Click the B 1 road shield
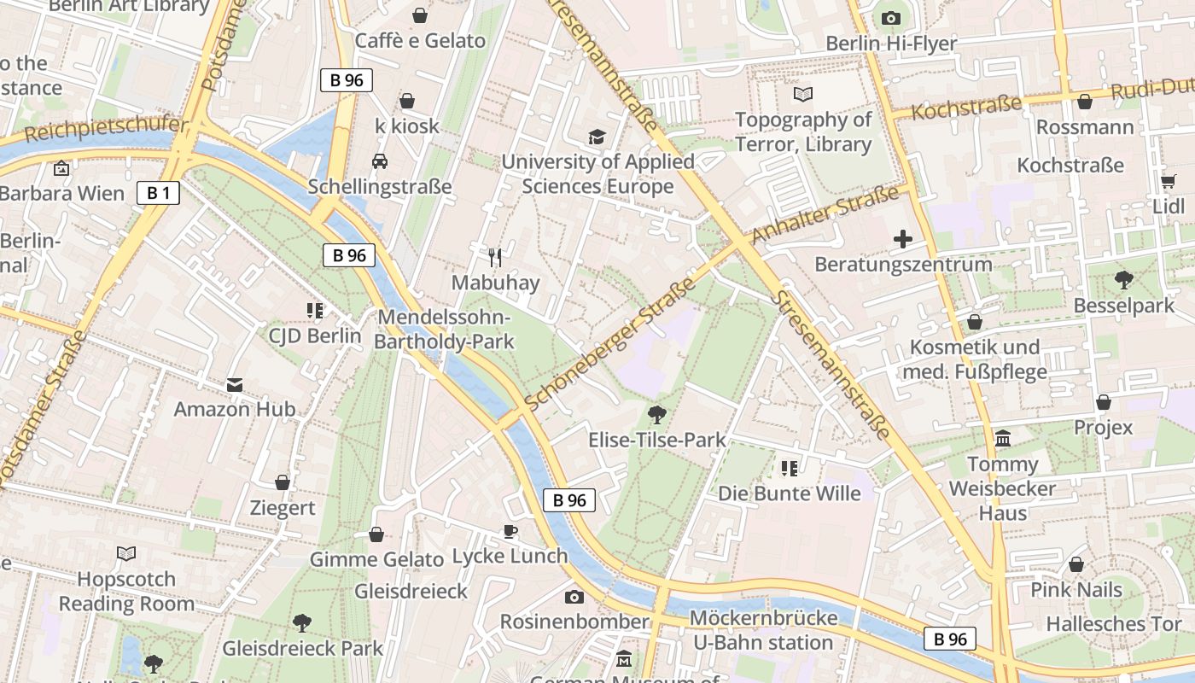pyautogui.click(x=158, y=193)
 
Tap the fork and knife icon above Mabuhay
pyautogui.click(x=494, y=256)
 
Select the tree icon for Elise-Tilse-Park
pyautogui.click(x=656, y=415)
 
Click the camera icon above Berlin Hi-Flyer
pyautogui.click(x=890, y=18)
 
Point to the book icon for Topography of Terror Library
pyautogui.click(x=803, y=94)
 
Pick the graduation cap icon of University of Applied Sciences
pyautogui.click(x=597, y=137)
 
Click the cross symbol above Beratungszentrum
pyautogui.click(x=903, y=239)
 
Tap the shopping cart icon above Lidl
pyautogui.click(x=1168, y=181)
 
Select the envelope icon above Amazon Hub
pyautogui.click(x=235, y=385)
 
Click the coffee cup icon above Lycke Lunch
pyautogui.click(x=510, y=531)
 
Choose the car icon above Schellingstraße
pyautogui.click(x=380, y=161)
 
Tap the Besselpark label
pyautogui.click(x=1124, y=305)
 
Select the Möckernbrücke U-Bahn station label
pyautogui.click(x=762, y=630)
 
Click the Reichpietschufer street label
pyautogui.click(x=106, y=130)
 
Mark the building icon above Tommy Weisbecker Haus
pyautogui.click(x=1003, y=439)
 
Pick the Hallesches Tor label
pyautogui.click(x=1114, y=623)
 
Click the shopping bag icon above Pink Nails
pyautogui.click(x=1076, y=564)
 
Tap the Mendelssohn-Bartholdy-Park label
pyautogui.click(x=446, y=330)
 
